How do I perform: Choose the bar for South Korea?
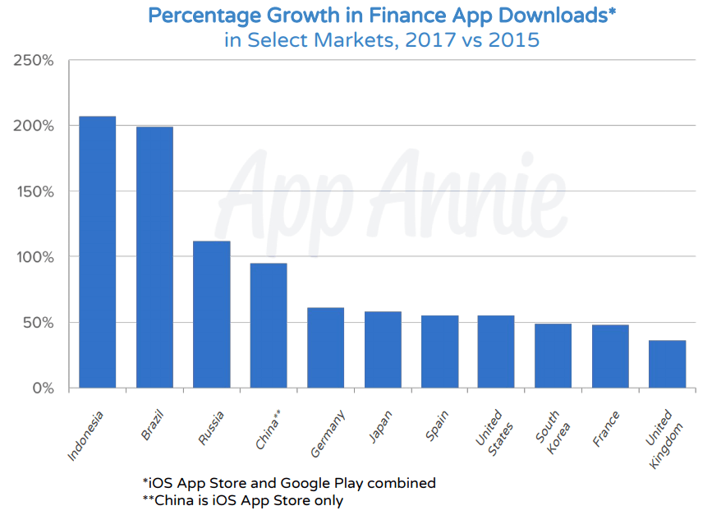tap(553, 356)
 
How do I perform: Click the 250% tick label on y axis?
tap(33, 61)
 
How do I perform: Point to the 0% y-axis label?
tap(39, 388)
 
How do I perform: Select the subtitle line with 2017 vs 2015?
tap(382, 39)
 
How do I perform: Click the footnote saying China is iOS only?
tap(242, 499)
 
